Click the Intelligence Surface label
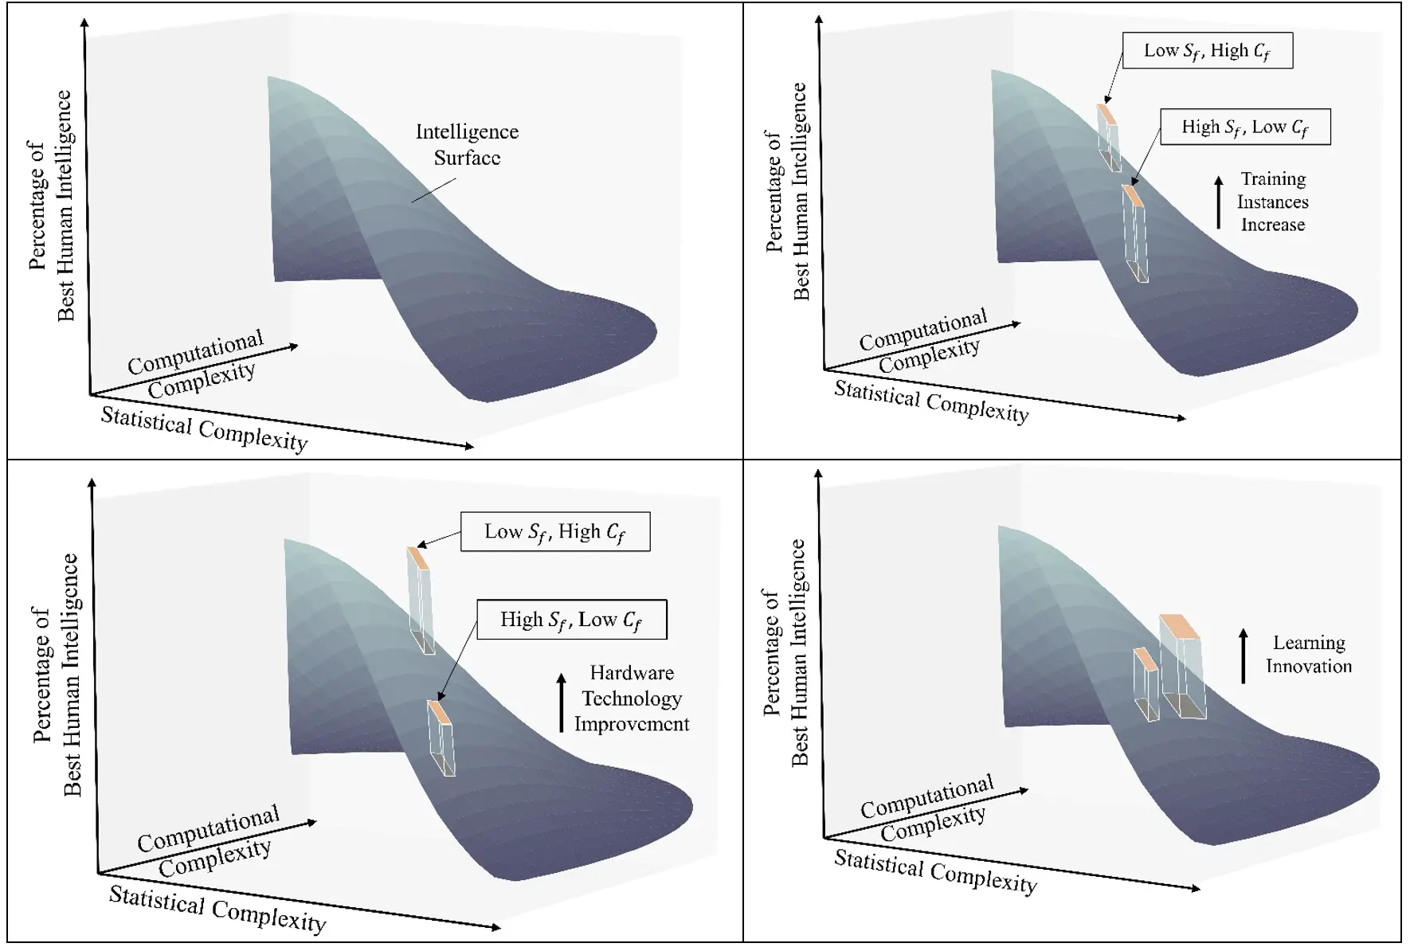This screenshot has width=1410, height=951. [467, 144]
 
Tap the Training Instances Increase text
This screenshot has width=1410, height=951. [1272, 202]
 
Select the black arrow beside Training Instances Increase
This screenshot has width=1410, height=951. [1218, 202]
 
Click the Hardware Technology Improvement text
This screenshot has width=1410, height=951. [631, 699]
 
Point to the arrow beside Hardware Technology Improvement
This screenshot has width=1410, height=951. [562, 702]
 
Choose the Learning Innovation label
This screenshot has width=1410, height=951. [1308, 654]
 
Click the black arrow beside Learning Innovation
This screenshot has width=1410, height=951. [1243, 656]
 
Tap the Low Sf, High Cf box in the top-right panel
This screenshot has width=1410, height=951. [1207, 50]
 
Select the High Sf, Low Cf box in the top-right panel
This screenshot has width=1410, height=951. [1244, 127]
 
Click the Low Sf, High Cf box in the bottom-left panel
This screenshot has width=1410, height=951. [555, 531]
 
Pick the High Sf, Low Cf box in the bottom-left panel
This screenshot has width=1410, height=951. [571, 619]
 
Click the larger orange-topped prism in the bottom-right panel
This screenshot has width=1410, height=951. [1182, 667]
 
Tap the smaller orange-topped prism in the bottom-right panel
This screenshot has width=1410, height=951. [1146, 684]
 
